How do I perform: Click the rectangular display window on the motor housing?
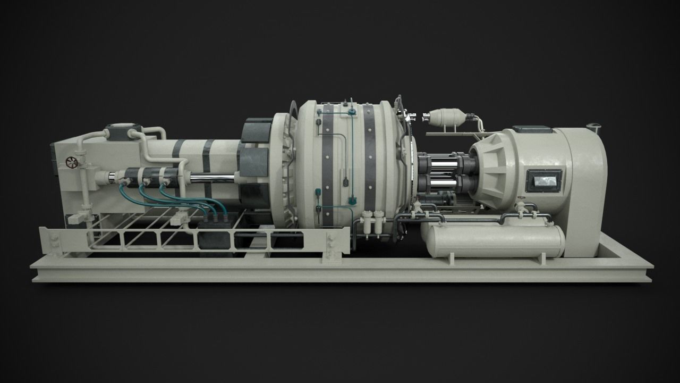pos(543,181)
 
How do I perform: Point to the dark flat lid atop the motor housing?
pos(532,129)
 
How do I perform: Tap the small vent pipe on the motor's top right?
pos(593,128)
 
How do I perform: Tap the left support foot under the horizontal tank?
pos(452,260)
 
